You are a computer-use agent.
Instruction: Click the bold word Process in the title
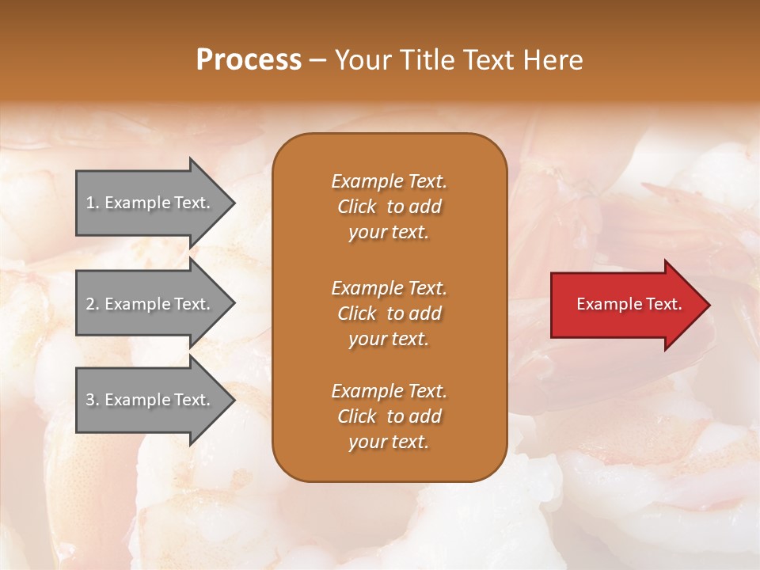click(x=249, y=60)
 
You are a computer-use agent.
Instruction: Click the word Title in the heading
click(x=427, y=60)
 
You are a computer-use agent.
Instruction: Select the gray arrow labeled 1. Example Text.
click(x=150, y=203)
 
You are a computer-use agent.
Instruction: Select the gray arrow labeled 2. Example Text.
click(x=150, y=304)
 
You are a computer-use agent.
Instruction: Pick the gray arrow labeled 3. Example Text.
click(x=150, y=400)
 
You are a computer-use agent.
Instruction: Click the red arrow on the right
click(x=625, y=305)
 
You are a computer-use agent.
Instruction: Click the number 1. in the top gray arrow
click(x=92, y=203)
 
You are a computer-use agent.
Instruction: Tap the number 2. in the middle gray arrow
click(x=92, y=304)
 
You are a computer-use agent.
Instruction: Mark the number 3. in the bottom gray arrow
click(x=92, y=400)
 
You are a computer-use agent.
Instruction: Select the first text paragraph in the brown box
click(x=389, y=207)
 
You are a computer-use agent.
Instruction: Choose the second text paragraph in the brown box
click(x=389, y=313)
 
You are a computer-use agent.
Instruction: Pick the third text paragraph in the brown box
click(x=389, y=416)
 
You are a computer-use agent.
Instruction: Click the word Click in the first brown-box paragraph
click(x=357, y=207)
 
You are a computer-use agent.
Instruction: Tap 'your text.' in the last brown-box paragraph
click(x=389, y=442)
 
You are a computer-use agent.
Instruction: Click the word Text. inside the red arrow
click(x=662, y=304)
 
